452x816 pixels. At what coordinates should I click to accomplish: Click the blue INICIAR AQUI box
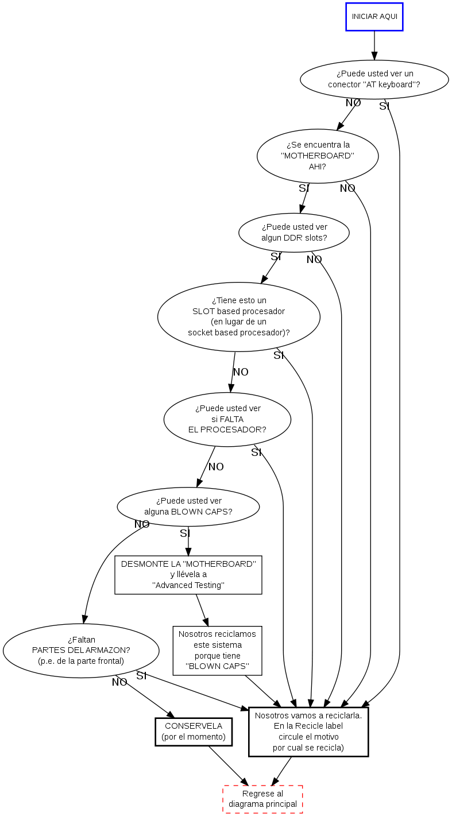(x=374, y=17)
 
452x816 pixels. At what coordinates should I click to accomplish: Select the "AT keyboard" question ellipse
(x=374, y=79)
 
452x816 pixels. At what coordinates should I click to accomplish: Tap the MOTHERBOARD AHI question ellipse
(x=318, y=156)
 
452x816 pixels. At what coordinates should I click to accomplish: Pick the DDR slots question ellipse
(x=294, y=233)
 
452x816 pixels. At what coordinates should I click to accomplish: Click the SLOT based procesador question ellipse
(x=238, y=316)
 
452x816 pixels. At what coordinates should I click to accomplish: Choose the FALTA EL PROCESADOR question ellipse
(x=227, y=419)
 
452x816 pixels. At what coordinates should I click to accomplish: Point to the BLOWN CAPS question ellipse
(x=188, y=506)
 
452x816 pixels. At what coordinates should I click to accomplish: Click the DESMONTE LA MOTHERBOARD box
(x=188, y=574)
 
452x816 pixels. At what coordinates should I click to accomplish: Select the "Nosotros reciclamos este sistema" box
(x=217, y=651)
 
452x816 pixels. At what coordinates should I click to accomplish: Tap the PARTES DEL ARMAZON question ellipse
(x=81, y=650)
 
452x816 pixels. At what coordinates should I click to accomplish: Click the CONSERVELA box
(x=194, y=732)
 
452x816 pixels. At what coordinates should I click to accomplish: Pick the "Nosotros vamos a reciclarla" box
(x=308, y=732)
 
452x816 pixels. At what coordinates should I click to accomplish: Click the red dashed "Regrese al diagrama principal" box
(x=262, y=799)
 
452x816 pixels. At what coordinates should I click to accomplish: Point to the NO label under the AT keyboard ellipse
(x=353, y=103)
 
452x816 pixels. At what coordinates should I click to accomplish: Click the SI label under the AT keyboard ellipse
(x=384, y=106)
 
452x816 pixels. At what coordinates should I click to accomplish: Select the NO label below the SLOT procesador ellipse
(x=241, y=372)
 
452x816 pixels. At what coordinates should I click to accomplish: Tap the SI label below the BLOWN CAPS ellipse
(x=185, y=533)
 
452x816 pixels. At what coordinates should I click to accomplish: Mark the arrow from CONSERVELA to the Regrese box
(x=228, y=765)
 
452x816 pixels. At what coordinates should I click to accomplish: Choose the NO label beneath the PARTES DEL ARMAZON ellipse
(x=119, y=682)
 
